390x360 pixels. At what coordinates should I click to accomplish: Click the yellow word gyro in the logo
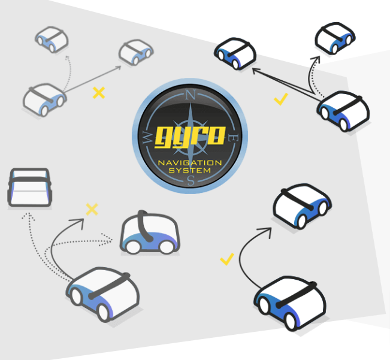tap(191, 137)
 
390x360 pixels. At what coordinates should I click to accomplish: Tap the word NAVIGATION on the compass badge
tap(190, 163)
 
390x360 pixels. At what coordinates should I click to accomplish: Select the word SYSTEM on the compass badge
tap(190, 170)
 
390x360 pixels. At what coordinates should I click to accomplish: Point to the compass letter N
tap(191, 95)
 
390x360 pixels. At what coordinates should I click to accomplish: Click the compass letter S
tap(191, 180)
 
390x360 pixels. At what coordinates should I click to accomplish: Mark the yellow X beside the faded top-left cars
tap(99, 93)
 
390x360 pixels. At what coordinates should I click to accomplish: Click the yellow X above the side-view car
tap(92, 209)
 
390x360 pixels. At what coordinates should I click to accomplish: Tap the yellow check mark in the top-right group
tap(281, 99)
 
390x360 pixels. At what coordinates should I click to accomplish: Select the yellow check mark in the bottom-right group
tap(227, 259)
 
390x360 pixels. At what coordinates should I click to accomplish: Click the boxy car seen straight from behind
tap(30, 187)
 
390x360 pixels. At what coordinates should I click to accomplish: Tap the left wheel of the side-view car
tap(133, 247)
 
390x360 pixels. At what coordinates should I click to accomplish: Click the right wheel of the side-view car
tap(167, 247)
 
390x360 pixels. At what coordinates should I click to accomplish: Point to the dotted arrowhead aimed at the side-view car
tap(107, 240)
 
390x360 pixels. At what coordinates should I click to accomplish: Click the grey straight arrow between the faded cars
tap(92, 79)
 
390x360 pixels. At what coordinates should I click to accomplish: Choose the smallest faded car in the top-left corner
tap(52, 40)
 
